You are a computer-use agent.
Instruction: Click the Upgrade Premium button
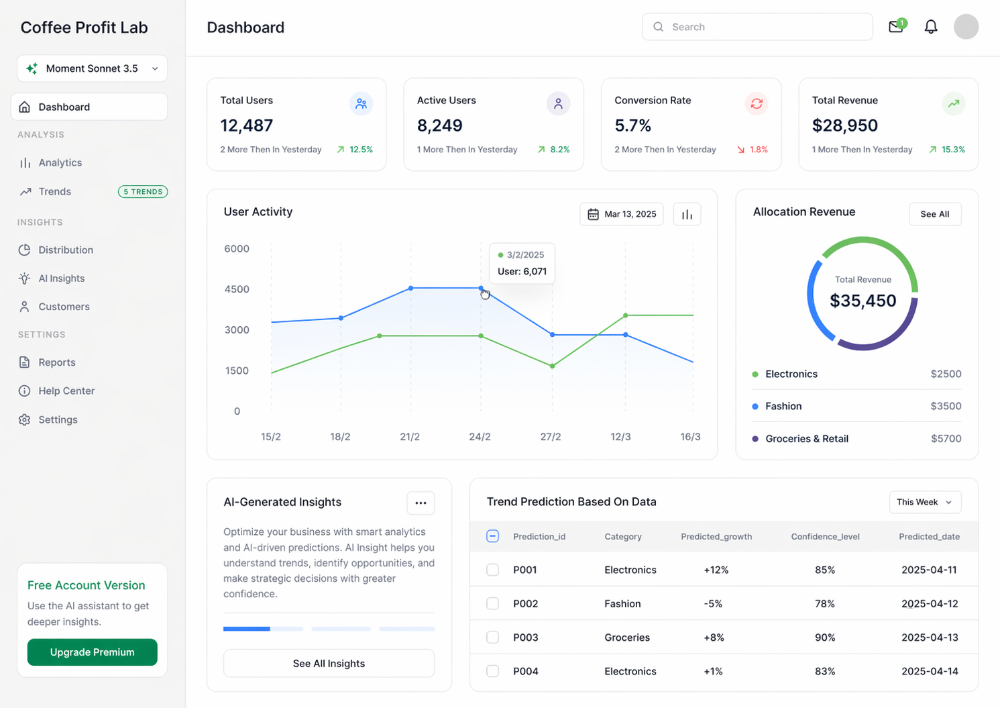tap(92, 652)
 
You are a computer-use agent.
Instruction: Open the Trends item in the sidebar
tap(54, 192)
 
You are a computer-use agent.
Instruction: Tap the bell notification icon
tap(930, 27)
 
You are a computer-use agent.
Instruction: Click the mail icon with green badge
tap(897, 26)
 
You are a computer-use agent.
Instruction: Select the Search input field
tap(757, 27)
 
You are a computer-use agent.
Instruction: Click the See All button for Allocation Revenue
tap(935, 214)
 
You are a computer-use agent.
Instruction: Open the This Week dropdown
tap(925, 502)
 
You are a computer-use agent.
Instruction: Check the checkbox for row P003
tap(492, 637)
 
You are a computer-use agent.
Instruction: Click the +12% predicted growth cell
tap(716, 570)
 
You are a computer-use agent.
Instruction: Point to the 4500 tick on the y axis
tap(237, 289)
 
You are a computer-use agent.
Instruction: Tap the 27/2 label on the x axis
tap(551, 436)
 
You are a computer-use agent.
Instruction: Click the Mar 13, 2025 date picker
tap(622, 214)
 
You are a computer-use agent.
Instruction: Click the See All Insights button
tap(329, 663)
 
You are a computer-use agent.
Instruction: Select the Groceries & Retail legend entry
tap(807, 439)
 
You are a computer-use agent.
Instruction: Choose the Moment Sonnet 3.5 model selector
tap(93, 68)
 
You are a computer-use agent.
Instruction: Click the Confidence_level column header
tap(825, 536)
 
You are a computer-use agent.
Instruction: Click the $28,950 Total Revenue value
tap(844, 125)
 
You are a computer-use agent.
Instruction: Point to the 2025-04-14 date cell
tap(930, 671)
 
